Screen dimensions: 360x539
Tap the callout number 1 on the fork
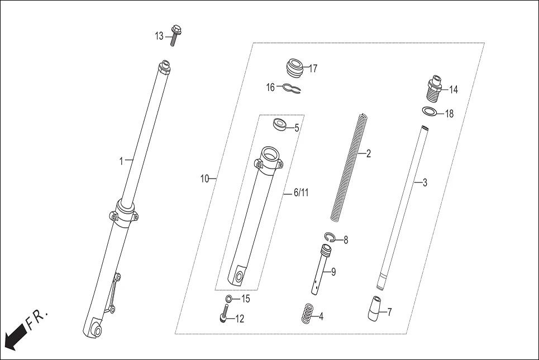[x=121, y=161]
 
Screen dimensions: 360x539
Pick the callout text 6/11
[x=301, y=193]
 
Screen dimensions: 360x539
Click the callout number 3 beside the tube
[x=424, y=183]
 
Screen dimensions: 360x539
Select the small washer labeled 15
[x=228, y=300]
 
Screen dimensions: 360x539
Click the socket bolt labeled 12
[x=224, y=318]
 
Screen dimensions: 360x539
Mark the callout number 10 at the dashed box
[x=204, y=179]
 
